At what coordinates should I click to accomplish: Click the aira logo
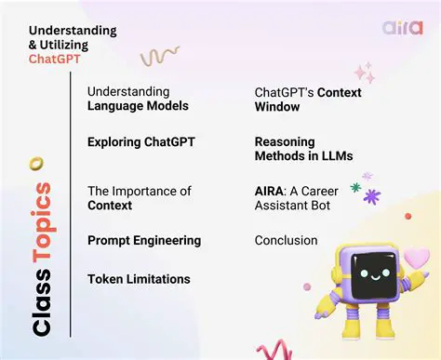click(x=401, y=26)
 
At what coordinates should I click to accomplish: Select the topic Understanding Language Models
click(x=138, y=99)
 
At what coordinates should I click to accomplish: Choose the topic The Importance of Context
click(x=139, y=197)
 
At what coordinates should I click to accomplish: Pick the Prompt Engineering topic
click(x=143, y=240)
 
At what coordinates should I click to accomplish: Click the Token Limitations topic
click(x=140, y=279)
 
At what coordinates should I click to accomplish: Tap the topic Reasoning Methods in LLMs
click(x=303, y=148)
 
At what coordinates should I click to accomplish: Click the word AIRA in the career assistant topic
click(x=272, y=191)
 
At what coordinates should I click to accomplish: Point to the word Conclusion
click(x=286, y=240)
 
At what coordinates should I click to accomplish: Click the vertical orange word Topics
click(x=40, y=220)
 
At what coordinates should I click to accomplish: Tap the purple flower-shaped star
click(x=372, y=196)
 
